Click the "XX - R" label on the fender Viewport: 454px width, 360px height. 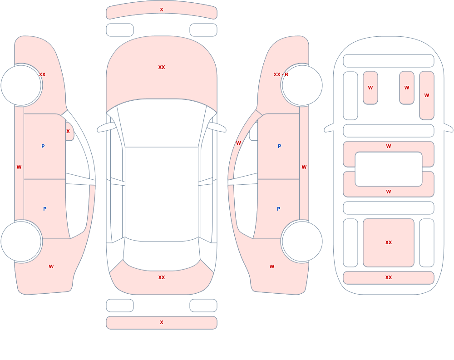281,74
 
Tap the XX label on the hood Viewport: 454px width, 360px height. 162,67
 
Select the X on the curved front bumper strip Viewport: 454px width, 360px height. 162,10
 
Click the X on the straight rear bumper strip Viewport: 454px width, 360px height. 162,322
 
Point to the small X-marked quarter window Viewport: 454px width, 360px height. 69,132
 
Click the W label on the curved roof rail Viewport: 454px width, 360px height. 238,143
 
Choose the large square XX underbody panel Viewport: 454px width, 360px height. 389,243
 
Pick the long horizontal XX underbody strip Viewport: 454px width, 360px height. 389,278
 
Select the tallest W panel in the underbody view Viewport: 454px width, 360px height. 426,96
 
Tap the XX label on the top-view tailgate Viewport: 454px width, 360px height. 162,277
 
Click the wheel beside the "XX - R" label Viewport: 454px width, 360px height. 302,85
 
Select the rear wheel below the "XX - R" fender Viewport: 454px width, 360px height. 302,241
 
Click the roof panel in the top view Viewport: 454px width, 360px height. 162,194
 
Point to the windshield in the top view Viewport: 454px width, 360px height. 162,123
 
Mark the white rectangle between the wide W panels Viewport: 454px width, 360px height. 389,169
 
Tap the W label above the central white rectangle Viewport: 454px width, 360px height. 389,146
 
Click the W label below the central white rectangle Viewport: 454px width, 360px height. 389,192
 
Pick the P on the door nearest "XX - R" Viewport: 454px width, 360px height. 279,146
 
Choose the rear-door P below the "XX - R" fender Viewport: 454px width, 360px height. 279,209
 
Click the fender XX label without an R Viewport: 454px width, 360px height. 42,74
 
